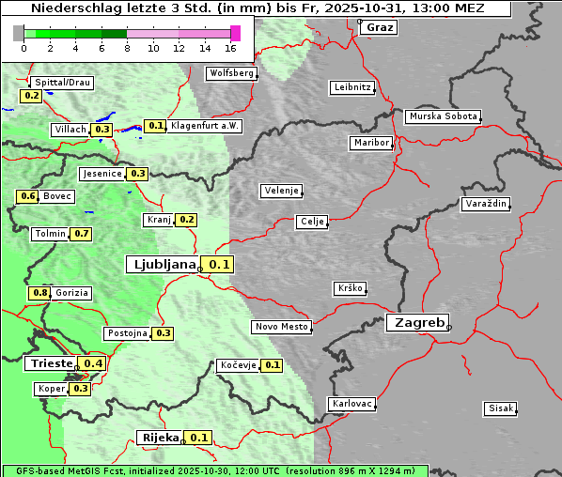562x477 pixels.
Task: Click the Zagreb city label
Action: (416, 322)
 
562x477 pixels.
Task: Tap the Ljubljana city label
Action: (162, 265)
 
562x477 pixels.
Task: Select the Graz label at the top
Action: (379, 27)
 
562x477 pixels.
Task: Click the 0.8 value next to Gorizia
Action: (39, 293)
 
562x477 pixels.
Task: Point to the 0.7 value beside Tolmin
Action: (81, 234)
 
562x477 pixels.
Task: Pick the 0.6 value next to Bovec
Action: (27, 196)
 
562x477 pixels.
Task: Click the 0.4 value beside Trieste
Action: (93, 363)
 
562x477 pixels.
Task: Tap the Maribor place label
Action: (370, 143)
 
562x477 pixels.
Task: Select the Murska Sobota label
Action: (443, 117)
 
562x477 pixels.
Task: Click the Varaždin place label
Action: (486, 204)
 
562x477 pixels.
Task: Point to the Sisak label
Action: (500, 408)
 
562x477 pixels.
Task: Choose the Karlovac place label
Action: (352, 404)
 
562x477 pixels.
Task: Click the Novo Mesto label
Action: (281, 327)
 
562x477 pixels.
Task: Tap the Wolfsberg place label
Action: (230, 73)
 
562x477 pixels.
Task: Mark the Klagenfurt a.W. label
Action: (205, 126)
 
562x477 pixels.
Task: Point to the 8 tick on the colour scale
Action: (127, 48)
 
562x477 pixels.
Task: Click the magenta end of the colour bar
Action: (235, 33)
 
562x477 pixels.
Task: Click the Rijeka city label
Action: (160, 438)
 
